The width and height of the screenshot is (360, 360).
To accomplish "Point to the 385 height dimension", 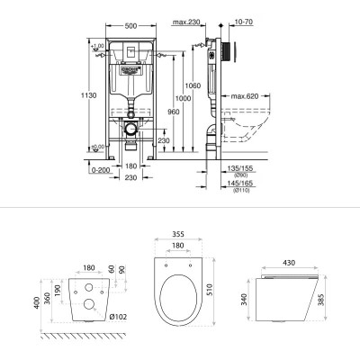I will click(332, 296).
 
